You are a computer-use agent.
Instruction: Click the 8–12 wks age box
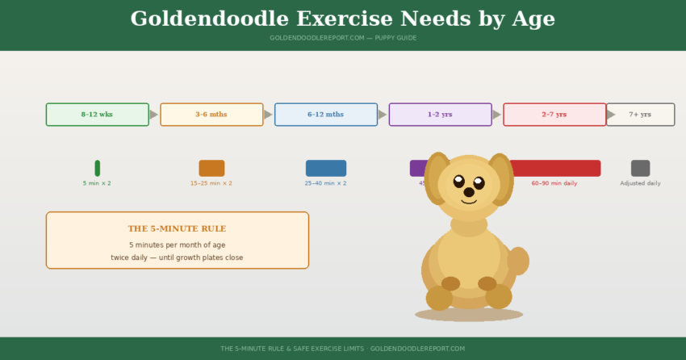(97, 115)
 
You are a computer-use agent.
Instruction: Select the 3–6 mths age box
(211, 115)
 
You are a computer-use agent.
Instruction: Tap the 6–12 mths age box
(325, 115)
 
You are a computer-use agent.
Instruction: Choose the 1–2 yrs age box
(440, 115)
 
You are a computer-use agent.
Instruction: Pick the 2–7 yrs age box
(554, 115)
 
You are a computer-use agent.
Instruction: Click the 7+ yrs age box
(640, 115)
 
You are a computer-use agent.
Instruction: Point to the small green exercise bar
(97, 168)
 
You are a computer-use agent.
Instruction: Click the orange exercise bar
(211, 168)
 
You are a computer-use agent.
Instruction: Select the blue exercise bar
(325, 168)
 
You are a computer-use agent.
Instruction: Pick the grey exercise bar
(640, 168)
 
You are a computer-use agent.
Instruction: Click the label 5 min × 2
(97, 184)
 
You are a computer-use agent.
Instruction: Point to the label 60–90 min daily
(554, 184)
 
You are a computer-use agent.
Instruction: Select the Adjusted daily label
(640, 184)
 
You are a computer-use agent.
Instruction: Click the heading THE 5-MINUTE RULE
(177, 229)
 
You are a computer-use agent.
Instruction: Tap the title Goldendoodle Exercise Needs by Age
(343, 19)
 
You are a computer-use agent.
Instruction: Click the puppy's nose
(469, 192)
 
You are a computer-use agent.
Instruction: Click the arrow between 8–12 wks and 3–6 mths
(154, 115)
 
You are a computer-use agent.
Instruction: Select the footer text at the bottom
(343, 349)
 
